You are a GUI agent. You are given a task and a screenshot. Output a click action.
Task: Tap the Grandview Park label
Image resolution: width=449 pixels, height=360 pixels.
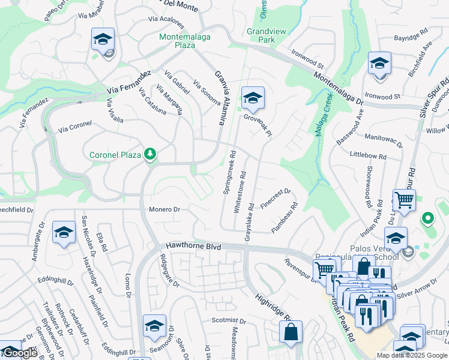[261, 35]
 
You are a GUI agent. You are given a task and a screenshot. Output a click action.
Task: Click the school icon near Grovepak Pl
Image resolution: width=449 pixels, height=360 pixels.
[253, 98]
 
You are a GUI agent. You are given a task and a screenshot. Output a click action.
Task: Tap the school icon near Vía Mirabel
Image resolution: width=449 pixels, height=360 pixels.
[103, 40]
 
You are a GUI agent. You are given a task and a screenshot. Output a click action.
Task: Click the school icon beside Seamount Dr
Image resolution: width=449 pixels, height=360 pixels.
[154, 326]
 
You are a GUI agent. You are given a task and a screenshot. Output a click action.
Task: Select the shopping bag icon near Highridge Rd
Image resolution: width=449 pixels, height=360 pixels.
[291, 332]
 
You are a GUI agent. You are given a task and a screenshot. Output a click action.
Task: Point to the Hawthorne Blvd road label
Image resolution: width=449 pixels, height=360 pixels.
[193, 247]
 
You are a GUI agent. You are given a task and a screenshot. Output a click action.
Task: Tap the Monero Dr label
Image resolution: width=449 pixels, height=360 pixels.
[164, 209]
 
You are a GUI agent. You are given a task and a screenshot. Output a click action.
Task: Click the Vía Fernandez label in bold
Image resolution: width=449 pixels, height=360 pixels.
[128, 83]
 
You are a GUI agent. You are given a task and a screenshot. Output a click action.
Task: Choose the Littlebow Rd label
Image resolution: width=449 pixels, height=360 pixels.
[367, 155]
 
